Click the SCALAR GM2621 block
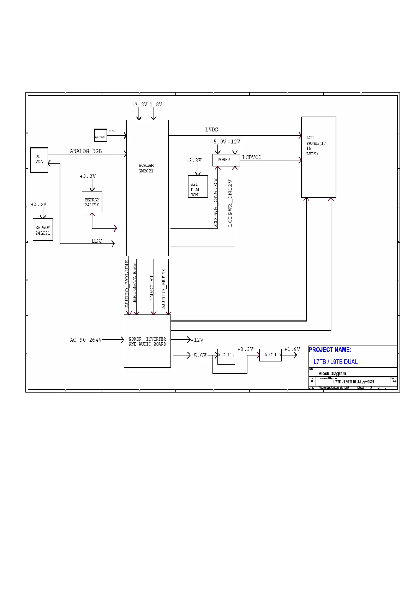[147, 188]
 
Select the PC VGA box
[39, 160]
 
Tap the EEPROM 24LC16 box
[92, 202]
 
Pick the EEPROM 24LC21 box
[43, 230]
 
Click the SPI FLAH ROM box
[198, 187]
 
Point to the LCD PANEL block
[318, 157]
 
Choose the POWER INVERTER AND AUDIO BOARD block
[147, 341]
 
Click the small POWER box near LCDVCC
[226, 160]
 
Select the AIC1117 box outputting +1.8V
[270, 355]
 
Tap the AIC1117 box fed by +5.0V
[226, 356]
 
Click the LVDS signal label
[212, 130]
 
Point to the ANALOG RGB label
[86, 151]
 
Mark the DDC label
[97, 241]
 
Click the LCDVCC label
[252, 157]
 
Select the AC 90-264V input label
[86, 340]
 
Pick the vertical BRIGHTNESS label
[134, 283]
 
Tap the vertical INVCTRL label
[152, 287]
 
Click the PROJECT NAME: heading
[330, 350]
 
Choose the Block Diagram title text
[332, 373]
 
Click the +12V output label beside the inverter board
[197, 340]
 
